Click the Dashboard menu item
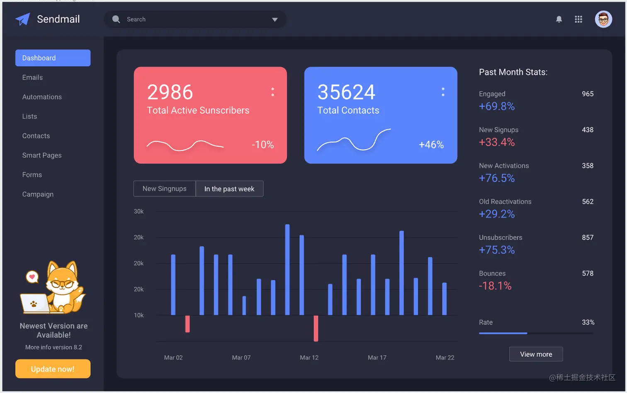click(53, 58)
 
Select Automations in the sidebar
click(42, 97)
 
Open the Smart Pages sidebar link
click(42, 155)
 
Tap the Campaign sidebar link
click(38, 194)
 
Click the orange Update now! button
click(53, 369)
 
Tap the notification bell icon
click(559, 19)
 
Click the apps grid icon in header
click(578, 19)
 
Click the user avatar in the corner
click(603, 19)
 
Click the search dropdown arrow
click(275, 19)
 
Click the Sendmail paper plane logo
click(23, 19)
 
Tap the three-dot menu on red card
click(272, 92)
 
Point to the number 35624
click(346, 92)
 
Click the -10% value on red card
click(263, 145)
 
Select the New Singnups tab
click(165, 189)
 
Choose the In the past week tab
click(229, 189)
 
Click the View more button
click(536, 354)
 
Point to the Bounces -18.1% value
click(495, 286)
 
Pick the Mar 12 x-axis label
click(309, 358)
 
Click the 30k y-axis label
click(139, 211)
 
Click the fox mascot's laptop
click(34, 304)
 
